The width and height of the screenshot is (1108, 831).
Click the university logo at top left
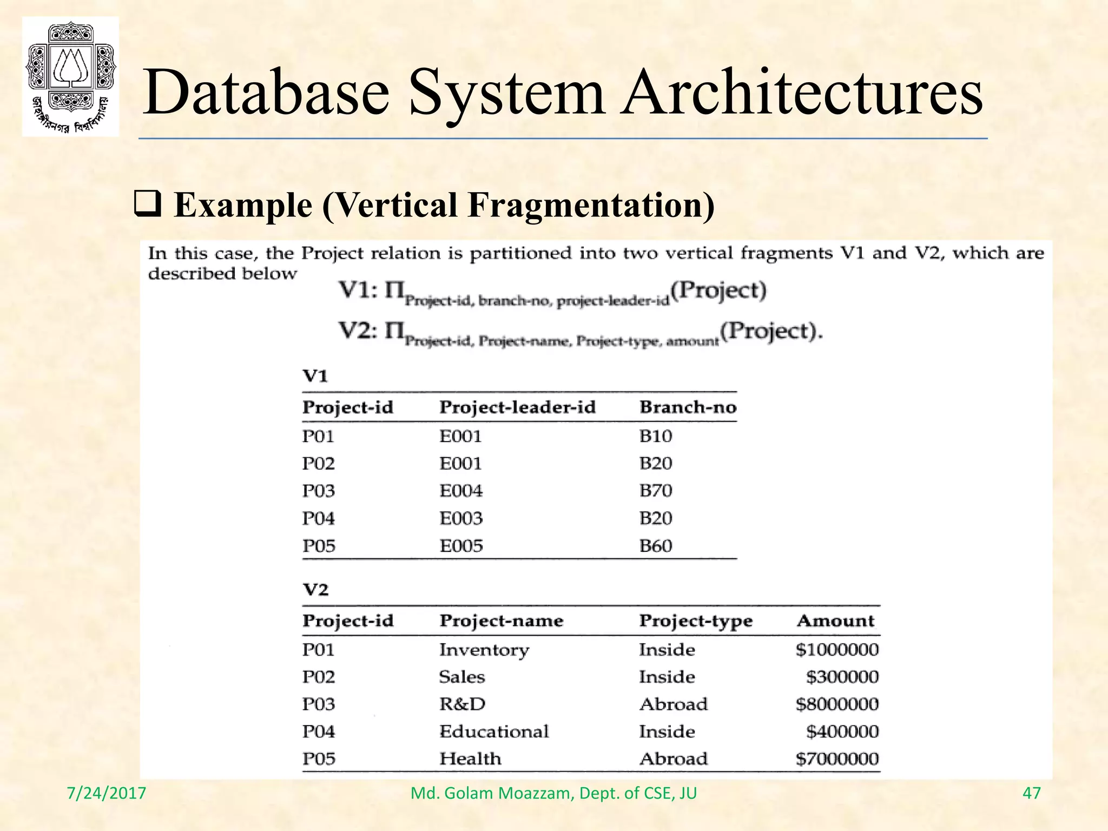point(70,76)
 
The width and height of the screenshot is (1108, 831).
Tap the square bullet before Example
point(147,206)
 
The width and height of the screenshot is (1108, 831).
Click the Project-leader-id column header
point(517,407)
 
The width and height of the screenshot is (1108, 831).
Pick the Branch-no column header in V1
point(688,407)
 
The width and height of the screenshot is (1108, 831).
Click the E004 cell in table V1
point(461,491)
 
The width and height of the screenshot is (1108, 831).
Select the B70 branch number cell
point(656,491)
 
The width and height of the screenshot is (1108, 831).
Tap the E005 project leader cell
point(461,546)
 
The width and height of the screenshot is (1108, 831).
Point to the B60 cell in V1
point(656,546)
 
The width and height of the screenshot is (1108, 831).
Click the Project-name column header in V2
point(502,621)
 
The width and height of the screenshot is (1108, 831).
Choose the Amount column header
point(835,621)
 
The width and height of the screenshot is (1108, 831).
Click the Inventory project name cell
point(484,650)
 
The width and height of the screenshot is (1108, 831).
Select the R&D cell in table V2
point(463,704)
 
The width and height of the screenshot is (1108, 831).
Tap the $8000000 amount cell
point(837,704)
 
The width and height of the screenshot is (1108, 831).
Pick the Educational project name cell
point(494,732)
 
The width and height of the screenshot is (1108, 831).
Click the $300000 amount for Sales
point(842,677)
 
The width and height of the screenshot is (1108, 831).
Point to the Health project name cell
point(470,759)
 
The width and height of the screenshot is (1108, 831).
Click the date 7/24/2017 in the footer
point(107,793)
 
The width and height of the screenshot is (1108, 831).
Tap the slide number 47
point(1032,793)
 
